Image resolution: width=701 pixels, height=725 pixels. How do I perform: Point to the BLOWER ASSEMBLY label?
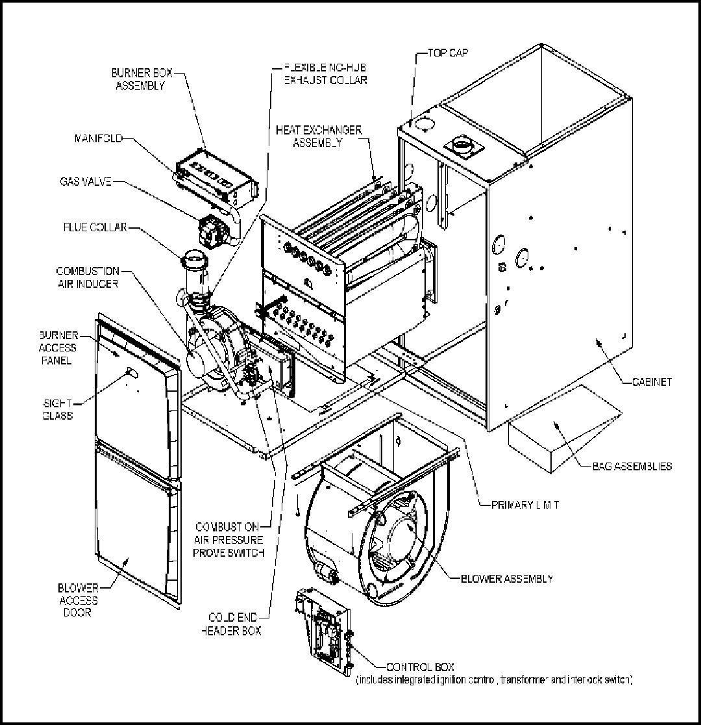coord(506,578)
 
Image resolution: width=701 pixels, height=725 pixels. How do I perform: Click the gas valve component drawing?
coord(210,230)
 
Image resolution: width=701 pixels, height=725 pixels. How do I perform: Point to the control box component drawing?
coord(322,630)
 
